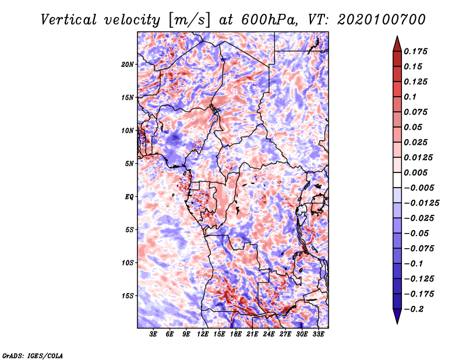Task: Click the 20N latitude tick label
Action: click(x=128, y=64)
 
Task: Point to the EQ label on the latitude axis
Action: click(x=129, y=196)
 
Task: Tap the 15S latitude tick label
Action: click(x=128, y=295)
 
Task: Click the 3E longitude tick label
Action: click(x=154, y=335)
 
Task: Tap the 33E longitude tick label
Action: click(x=318, y=335)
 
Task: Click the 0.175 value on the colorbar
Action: click(x=417, y=51)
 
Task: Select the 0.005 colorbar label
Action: click(x=417, y=172)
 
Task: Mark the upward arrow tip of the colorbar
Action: click(x=396, y=38)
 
